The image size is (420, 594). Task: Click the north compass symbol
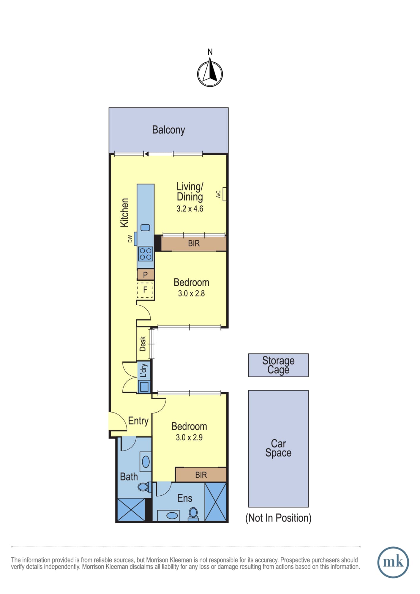click(210, 74)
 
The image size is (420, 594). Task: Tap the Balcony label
click(168, 130)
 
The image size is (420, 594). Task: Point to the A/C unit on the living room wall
click(225, 194)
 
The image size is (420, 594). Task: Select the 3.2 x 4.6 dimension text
click(190, 209)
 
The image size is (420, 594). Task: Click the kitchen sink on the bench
click(145, 228)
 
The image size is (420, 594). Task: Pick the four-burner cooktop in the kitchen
click(146, 254)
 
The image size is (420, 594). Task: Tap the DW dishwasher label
click(130, 239)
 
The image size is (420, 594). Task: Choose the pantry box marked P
click(146, 275)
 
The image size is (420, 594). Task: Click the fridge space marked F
click(145, 290)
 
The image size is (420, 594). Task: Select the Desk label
click(143, 344)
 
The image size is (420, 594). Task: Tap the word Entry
click(138, 421)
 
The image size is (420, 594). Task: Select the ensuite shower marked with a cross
click(216, 502)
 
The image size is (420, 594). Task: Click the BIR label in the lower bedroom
click(201, 475)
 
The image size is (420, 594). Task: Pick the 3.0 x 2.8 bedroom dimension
click(191, 293)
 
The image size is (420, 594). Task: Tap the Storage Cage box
click(278, 365)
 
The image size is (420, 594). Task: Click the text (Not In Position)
click(278, 518)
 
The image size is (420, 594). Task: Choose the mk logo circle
click(393, 563)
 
